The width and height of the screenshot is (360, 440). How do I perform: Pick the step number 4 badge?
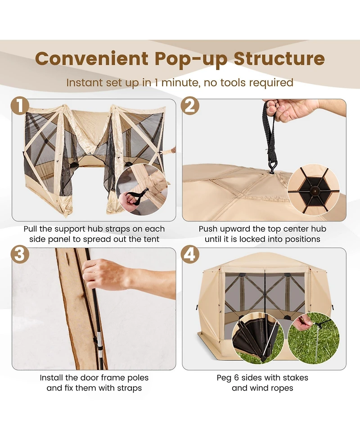190,254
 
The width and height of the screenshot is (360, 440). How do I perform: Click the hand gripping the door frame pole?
106,275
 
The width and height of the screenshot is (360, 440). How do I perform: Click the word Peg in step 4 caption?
225,377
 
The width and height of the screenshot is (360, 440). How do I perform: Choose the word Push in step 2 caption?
210,229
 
